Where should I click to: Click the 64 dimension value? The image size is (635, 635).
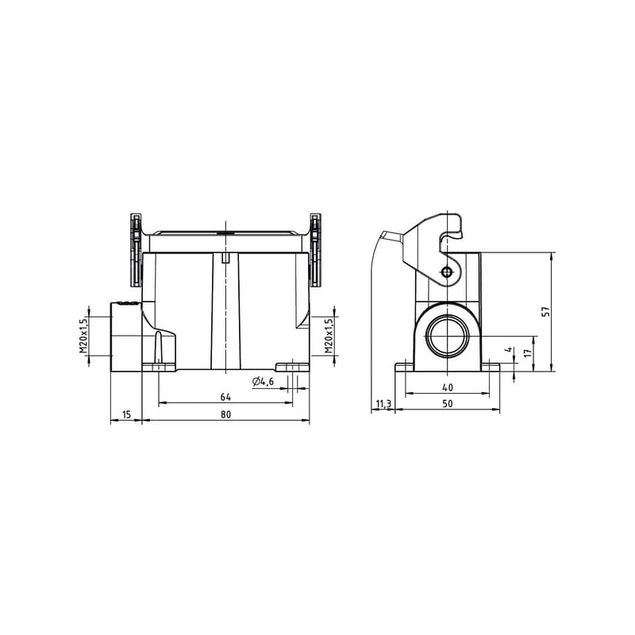click(x=225, y=397)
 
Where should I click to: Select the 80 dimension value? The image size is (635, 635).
click(x=225, y=414)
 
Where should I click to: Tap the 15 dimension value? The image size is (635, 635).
click(x=126, y=414)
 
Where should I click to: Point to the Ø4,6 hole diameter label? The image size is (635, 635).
click(x=263, y=382)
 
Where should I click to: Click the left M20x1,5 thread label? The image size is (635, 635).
click(x=83, y=336)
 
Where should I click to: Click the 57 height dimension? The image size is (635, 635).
click(x=546, y=311)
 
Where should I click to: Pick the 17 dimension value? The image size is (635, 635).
click(x=527, y=353)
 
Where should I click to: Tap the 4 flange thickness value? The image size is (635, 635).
click(x=510, y=349)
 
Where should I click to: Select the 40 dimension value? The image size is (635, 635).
click(x=447, y=387)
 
